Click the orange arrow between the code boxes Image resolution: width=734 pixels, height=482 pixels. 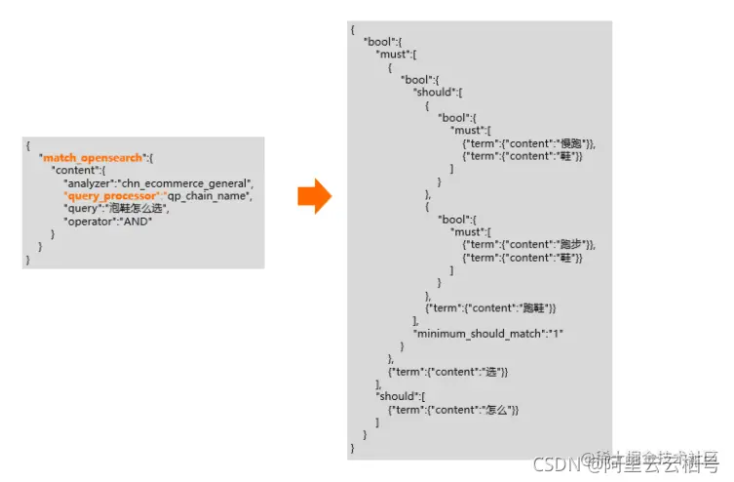click(314, 196)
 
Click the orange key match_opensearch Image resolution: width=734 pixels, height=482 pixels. click(93, 157)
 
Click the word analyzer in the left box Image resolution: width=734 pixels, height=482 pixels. click(88, 182)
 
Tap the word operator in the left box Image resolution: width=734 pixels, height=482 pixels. click(88, 221)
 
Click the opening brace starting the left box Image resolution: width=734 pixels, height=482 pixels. click(28, 144)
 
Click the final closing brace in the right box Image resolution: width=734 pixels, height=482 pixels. click(353, 447)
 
